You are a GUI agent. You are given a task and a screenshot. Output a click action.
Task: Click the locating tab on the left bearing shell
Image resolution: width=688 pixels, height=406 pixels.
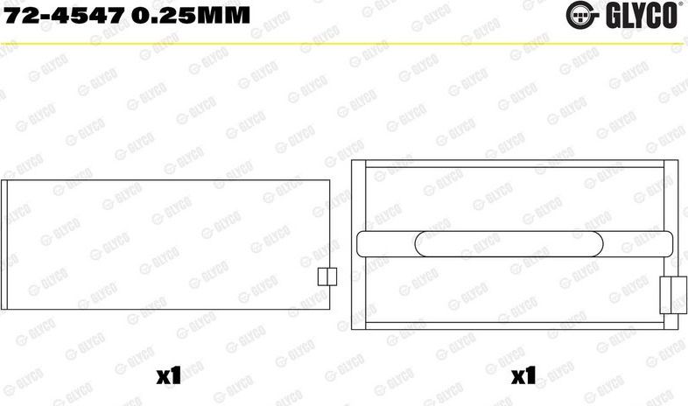(x=326, y=276)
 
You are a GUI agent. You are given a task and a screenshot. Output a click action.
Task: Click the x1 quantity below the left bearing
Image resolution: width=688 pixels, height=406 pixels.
(x=166, y=377)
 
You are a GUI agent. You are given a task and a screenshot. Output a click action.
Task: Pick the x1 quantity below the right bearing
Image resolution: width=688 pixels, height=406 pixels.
(x=523, y=377)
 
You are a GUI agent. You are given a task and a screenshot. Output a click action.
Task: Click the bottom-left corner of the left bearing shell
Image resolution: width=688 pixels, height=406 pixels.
(x=3, y=310)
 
